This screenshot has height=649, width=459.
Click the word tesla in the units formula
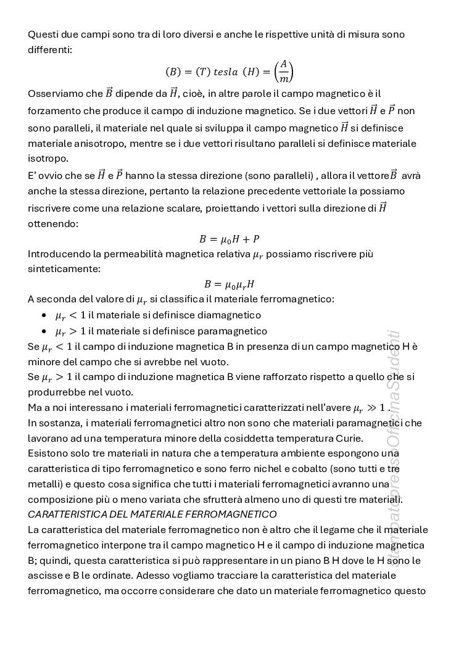tap(225, 72)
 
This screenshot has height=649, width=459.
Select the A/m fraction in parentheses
tap(283, 72)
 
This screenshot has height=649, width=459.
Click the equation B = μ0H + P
tap(229, 239)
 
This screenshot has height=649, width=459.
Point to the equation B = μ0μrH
tap(229, 284)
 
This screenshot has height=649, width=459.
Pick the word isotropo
tap(44, 158)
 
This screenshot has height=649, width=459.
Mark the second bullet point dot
tap(44, 332)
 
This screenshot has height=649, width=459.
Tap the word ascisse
tap(46, 576)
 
